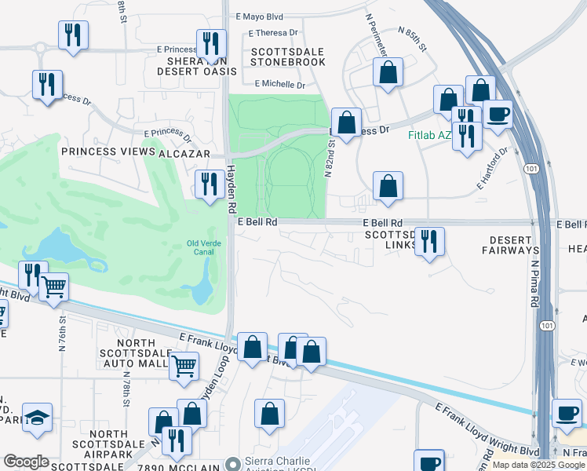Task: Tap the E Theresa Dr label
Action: coord(274,33)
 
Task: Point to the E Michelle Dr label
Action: coord(280,84)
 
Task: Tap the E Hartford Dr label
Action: coord(494,168)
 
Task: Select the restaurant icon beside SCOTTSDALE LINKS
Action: coord(428,241)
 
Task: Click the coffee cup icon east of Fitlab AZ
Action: coord(498,114)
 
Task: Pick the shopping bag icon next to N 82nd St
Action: coord(346,122)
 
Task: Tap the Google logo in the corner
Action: coord(25,462)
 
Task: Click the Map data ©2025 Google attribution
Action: coord(538,465)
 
